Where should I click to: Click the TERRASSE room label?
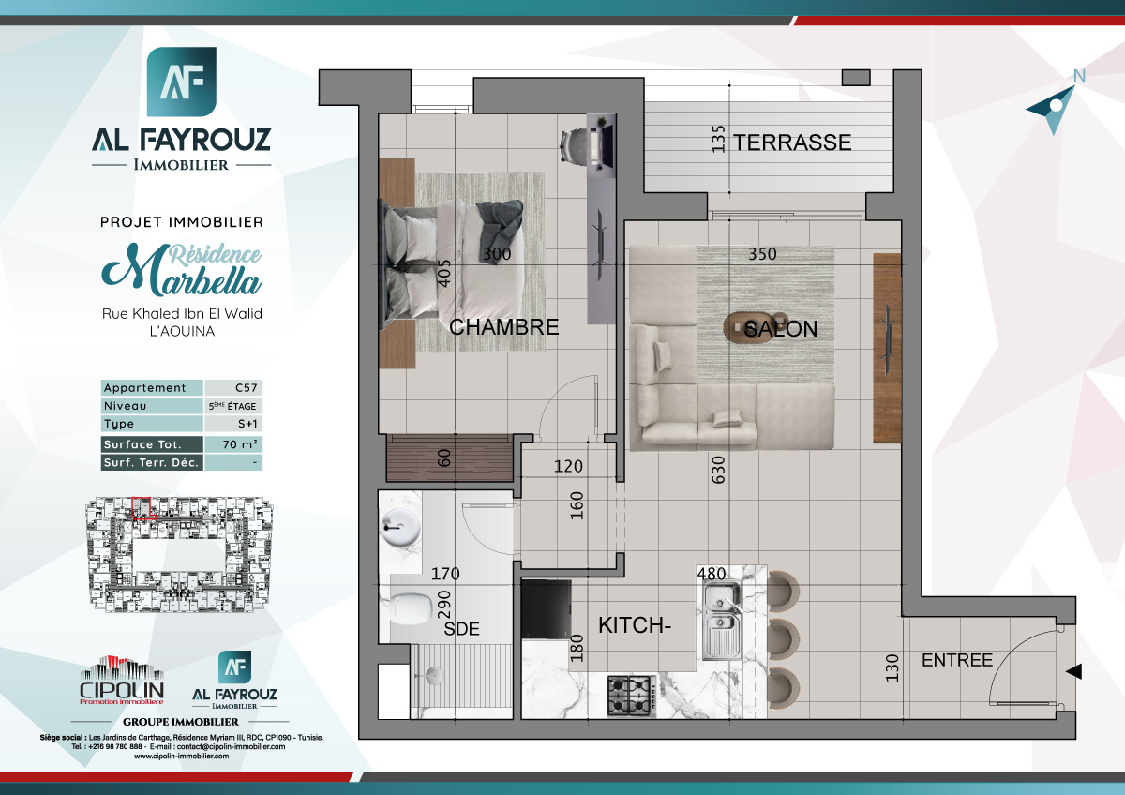(x=792, y=142)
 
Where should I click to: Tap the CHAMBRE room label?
(x=504, y=327)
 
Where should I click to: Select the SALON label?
(x=781, y=329)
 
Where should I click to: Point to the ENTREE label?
(x=957, y=660)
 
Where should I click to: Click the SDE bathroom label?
(x=461, y=629)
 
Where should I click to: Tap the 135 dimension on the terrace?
(x=719, y=139)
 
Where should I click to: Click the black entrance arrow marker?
(x=1074, y=671)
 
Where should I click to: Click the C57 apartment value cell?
(x=233, y=388)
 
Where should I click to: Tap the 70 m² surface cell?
(x=233, y=444)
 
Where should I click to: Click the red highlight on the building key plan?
(x=141, y=507)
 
